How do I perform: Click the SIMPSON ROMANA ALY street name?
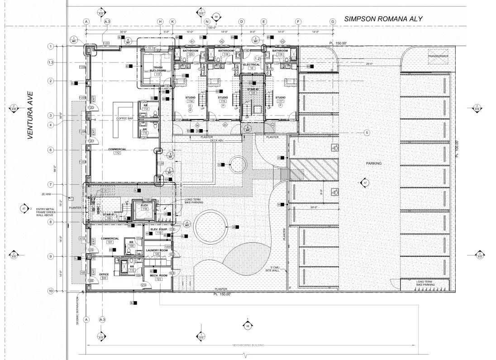click(383, 19)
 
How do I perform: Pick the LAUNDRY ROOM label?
click(157, 250)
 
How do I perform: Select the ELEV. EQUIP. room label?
click(159, 230)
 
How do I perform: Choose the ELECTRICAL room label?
click(252, 65)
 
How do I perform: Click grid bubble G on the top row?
click(333, 22)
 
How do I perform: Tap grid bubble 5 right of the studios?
click(367, 133)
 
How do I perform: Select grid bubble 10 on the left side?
click(51, 291)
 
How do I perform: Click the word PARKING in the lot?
click(374, 163)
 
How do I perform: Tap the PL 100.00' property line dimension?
click(458, 149)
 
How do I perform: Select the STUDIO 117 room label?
click(280, 98)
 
